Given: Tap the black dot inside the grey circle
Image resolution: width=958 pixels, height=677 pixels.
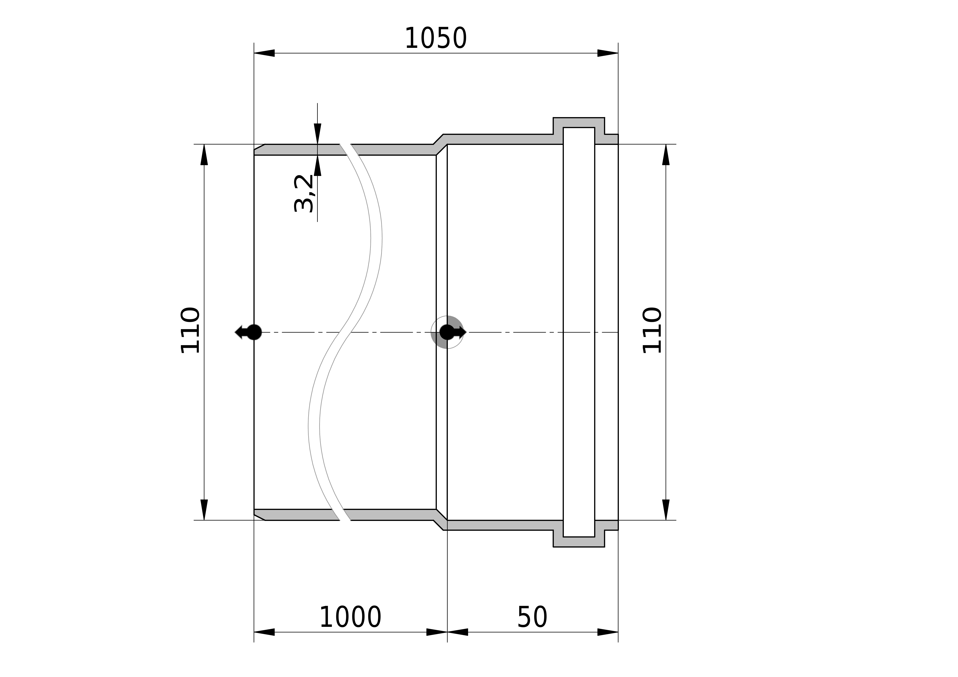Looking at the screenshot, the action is (x=447, y=332).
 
